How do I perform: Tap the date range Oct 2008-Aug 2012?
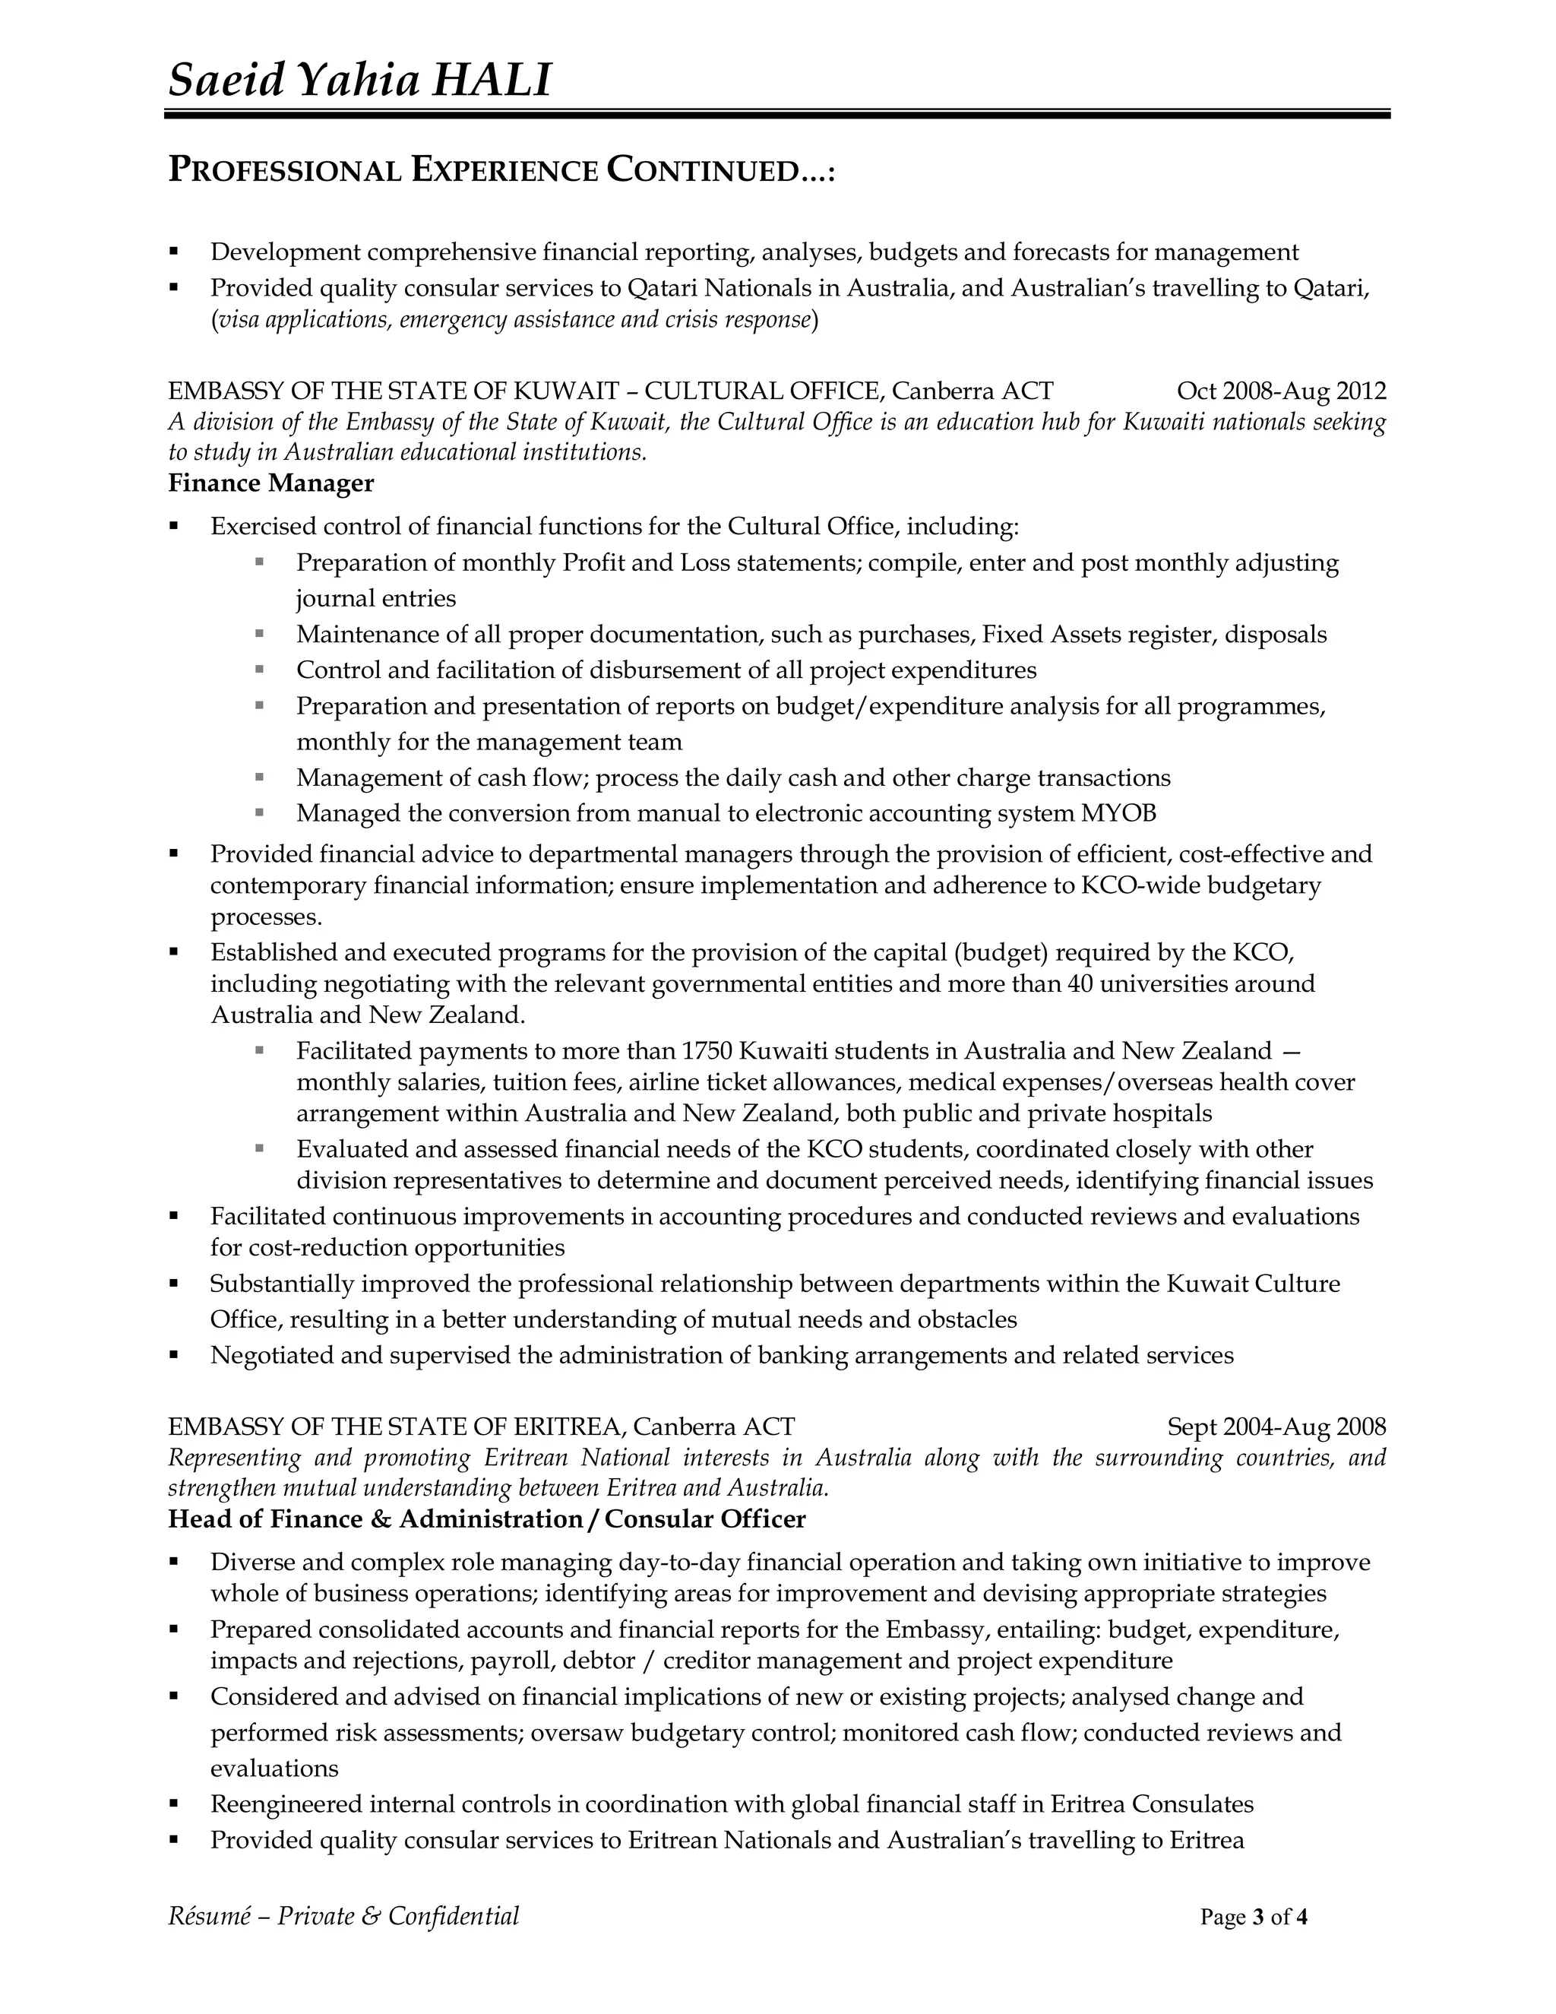tap(1281, 391)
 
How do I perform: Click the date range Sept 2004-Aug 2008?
tap(1276, 1427)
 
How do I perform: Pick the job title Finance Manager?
tap(271, 483)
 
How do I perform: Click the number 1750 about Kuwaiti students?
tap(706, 1050)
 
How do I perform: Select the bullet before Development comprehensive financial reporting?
tap(174, 252)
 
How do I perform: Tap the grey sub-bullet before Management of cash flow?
tap(260, 777)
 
